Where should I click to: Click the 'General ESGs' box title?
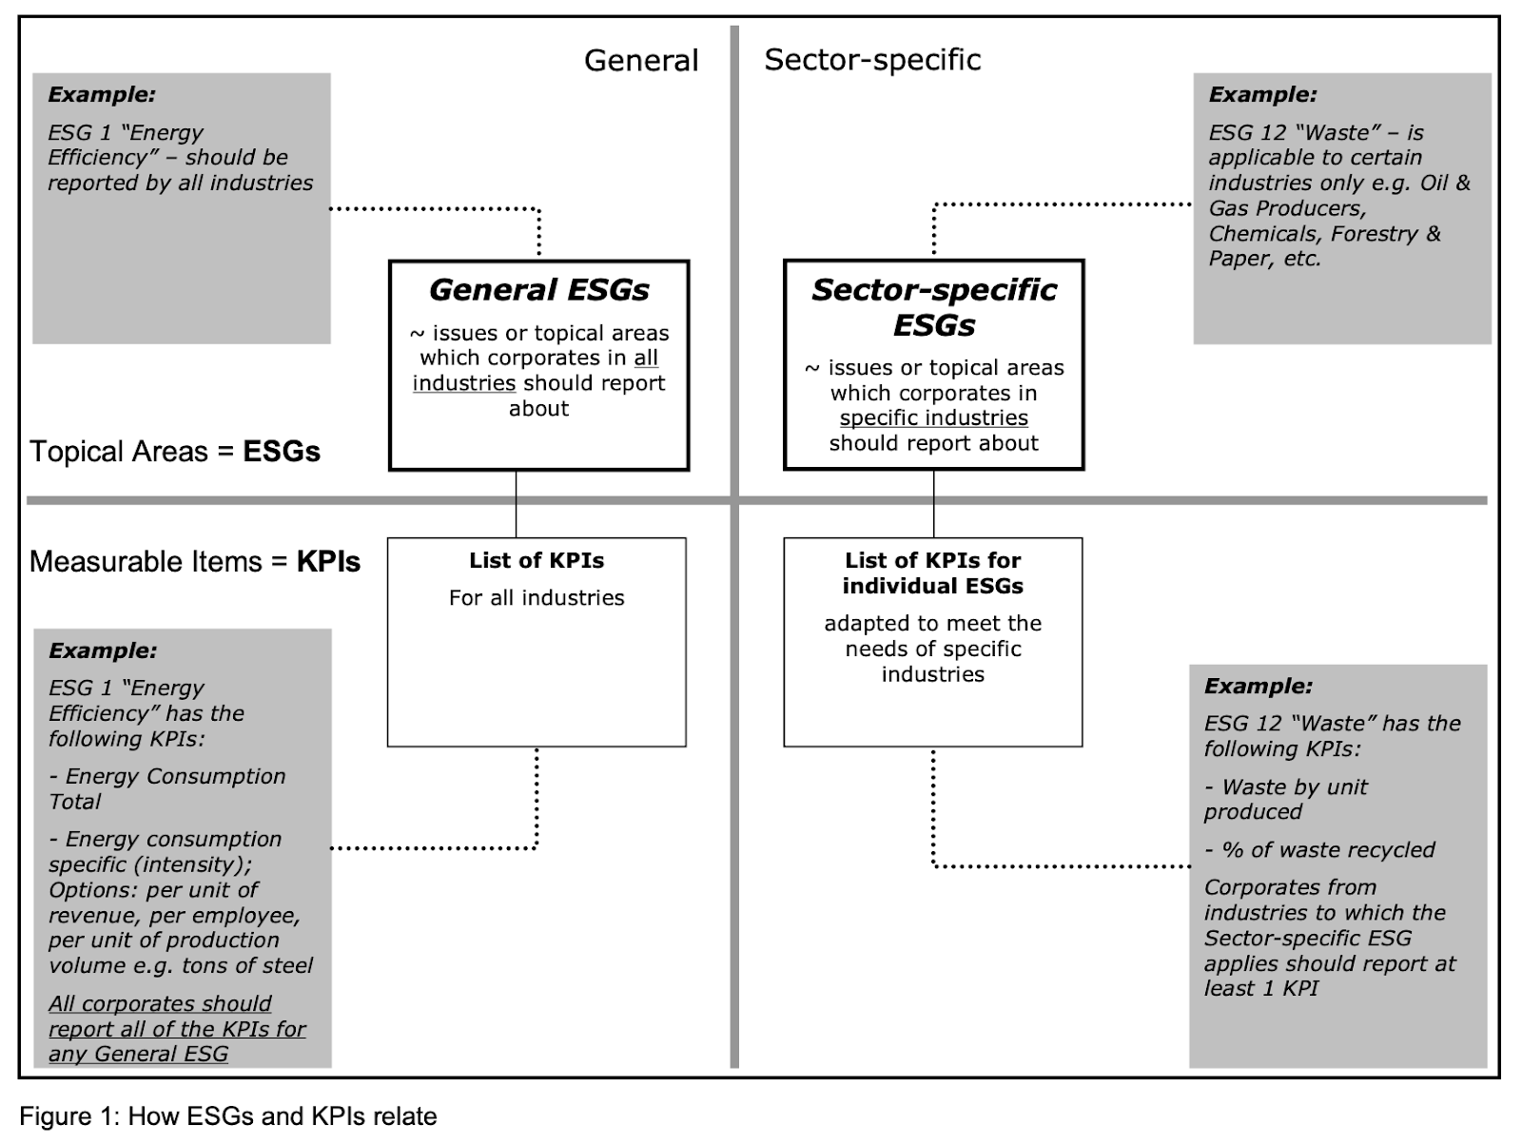[x=538, y=290]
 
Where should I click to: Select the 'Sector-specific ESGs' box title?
[x=933, y=307]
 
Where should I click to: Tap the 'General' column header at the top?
[x=640, y=60]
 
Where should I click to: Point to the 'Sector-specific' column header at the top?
[x=872, y=59]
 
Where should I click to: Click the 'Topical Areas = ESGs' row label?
[x=175, y=451]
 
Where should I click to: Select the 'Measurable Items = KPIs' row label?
[x=195, y=561]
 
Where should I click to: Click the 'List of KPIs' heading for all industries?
[x=537, y=561]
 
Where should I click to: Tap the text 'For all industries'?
[x=537, y=598]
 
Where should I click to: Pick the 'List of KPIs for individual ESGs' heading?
[x=932, y=573]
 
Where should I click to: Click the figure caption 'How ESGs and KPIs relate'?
[x=228, y=1116]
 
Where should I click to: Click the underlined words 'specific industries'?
[x=933, y=418]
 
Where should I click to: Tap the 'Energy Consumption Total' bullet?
[x=166, y=788]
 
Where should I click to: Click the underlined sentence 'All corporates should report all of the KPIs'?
[x=176, y=1017]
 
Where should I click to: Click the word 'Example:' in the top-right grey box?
[x=1262, y=95]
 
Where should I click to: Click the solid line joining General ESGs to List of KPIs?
[x=517, y=504]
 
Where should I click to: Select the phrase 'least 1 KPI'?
[x=1260, y=989]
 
